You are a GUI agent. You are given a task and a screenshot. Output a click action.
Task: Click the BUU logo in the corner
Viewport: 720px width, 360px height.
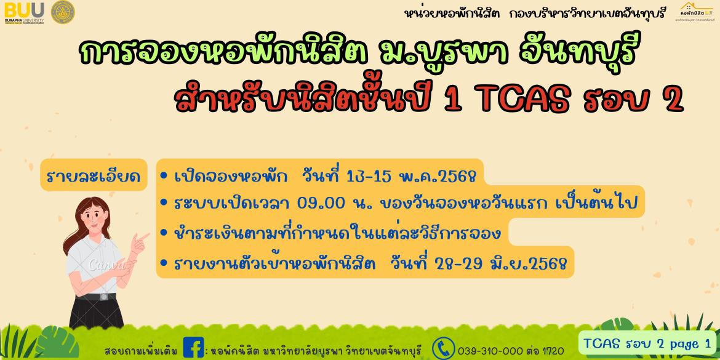click(25, 12)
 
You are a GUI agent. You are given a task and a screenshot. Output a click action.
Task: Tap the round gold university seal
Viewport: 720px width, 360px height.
click(63, 12)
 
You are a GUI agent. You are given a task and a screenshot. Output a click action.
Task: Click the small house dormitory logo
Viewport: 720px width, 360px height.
click(697, 12)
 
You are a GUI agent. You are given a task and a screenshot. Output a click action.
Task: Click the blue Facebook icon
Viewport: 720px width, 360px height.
click(193, 347)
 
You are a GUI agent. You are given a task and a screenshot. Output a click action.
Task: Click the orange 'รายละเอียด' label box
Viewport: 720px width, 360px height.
click(94, 175)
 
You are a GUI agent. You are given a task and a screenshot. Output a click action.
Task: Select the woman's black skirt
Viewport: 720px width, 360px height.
click(97, 311)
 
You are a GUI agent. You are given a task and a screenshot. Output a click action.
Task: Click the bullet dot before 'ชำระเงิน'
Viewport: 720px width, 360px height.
click(164, 234)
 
